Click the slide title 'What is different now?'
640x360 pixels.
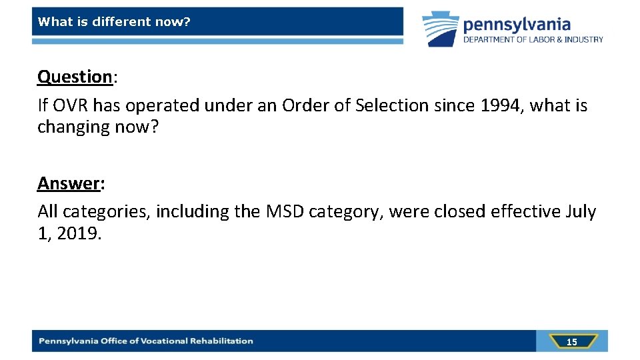pyautogui.click(x=114, y=22)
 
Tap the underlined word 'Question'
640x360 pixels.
pyautogui.click(x=75, y=77)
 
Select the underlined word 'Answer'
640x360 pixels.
pyautogui.click(x=69, y=183)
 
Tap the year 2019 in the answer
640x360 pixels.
pyautogui.click(x=79, y=234)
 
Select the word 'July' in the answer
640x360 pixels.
pyautogui.click(x=581, y=212)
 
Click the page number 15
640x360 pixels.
pyautogui.click(x=571, y=341)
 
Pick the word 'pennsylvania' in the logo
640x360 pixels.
pyautogui.click(x=517, y=25)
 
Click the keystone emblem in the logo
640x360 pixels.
pyautogui.click(x=441, y=29)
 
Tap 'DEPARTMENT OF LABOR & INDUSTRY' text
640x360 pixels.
pyautogui.click(x=533, y=40)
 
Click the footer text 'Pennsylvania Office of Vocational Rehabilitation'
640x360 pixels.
pyautogui.click(x=146, y=341)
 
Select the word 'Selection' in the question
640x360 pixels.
pyautogui.click(x=389, y=105)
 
